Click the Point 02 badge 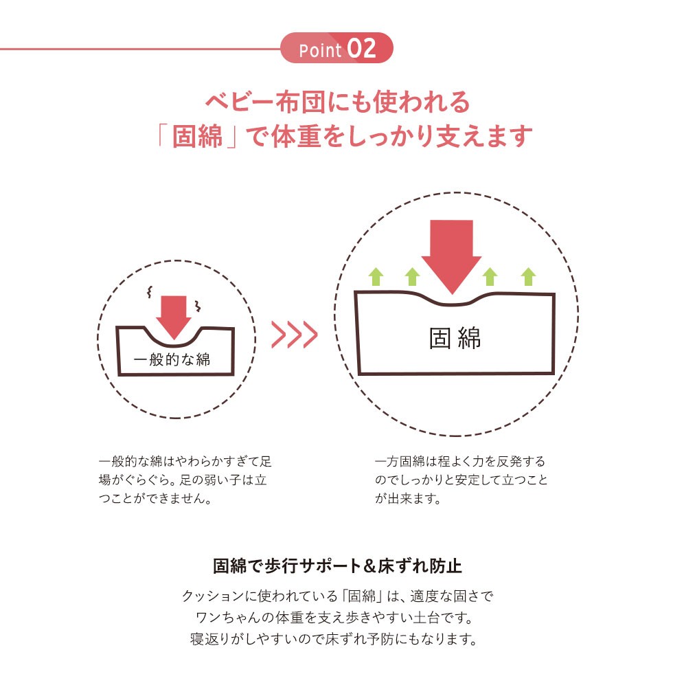336,48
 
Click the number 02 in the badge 361,48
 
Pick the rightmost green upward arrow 528,277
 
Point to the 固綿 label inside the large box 455,339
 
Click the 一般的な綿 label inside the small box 172,359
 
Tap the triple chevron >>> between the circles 294,335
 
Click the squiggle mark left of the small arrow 150,291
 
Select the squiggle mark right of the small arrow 197,305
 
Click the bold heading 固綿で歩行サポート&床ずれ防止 337,566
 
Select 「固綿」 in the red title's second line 197,136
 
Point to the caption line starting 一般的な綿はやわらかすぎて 185,462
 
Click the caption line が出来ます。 408,499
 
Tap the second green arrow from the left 412,277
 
